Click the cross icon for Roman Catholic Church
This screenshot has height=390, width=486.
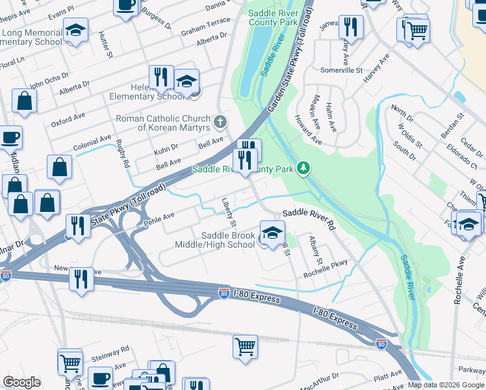(220, 122)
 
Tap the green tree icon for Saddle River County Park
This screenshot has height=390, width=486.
(303, 169)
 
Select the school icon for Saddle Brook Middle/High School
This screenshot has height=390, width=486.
(272, 232)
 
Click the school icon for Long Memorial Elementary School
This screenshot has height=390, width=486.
(76, 30)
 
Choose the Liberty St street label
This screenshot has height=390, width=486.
(229, 213)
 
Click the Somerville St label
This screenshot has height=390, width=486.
(341, 70)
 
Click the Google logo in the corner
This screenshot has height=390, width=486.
(21, 382)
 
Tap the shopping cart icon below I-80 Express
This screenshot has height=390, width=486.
(246, 346)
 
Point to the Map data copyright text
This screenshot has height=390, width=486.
(446, 385)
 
